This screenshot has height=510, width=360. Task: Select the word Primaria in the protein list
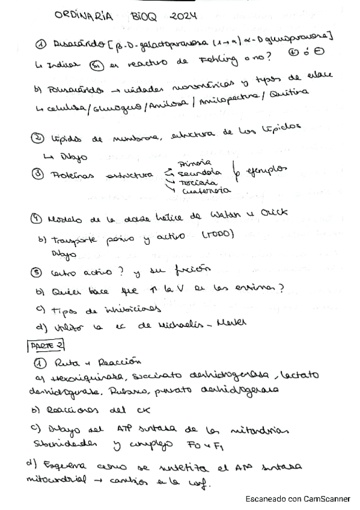click(x=194, y=163)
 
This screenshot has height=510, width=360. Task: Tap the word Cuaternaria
click(x=200, y=190)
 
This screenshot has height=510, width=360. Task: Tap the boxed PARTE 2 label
click(x=46, y=345)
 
